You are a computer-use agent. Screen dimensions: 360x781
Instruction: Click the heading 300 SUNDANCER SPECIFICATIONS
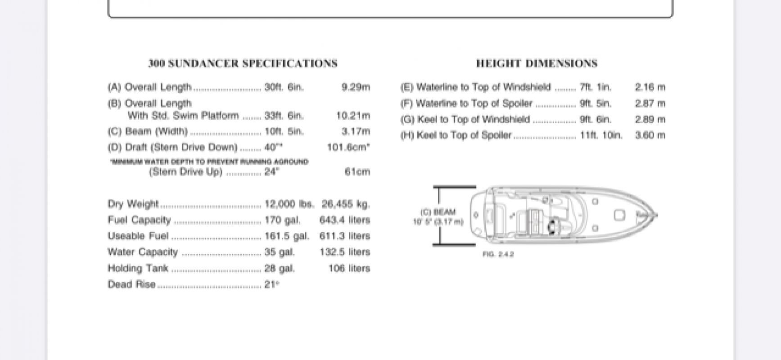(243, 64)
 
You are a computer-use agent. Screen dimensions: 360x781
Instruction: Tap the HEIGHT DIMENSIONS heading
(537, 64)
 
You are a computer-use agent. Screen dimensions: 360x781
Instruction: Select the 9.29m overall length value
(356, 87)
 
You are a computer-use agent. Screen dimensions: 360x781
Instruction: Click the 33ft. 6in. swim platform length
(284, 116)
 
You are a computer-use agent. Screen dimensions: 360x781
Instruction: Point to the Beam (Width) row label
(148, 131)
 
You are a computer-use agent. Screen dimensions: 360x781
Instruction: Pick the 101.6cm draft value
(348, 148)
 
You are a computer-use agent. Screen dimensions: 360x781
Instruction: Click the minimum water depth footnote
(209, 162)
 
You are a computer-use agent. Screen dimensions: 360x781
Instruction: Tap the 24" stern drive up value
(272, 172)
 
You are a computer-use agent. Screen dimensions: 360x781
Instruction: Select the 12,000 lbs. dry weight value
(289, 204)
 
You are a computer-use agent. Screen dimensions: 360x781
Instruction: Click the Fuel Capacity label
(140, 220)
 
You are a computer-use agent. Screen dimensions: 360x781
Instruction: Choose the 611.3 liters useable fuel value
(344, 236)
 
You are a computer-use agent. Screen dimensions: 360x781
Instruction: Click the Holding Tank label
(138, 268)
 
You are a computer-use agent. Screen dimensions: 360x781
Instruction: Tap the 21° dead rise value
(272, 284)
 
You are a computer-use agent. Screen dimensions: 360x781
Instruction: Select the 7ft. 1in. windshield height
(596, 87)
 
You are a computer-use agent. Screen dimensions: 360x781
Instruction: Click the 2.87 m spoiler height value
(650, 103)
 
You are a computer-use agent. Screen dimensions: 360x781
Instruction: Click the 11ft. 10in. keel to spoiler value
(601, 135)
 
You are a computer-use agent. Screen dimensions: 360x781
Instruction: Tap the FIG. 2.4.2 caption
(498, 255)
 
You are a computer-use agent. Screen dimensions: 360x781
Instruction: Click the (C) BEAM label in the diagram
(438, 212)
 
